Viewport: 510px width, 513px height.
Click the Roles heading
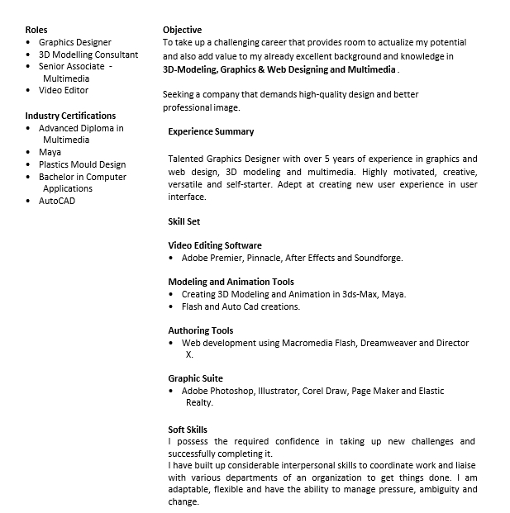pos(36,30)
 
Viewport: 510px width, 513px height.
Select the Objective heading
pos(182,30)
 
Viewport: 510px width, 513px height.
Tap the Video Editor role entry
pos(64,90)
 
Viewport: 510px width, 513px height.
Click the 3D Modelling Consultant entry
pos(88,54)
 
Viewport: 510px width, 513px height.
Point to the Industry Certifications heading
pos(70,116)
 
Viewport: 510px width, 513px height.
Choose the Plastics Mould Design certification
pos(82,164)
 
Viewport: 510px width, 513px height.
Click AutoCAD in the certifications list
pos(57,201)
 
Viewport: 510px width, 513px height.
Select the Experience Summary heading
pos(211,131)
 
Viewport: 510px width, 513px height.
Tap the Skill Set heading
pos(184,221)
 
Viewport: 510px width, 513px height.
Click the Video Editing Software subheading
pos(215,245)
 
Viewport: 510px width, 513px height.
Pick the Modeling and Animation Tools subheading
pos(231,282)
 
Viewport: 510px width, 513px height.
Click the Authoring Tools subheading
pos(201,330)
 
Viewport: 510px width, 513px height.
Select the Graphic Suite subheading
pos(195,378)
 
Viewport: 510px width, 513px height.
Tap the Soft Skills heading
pos(188,430)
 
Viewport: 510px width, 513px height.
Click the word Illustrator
pos(277,391)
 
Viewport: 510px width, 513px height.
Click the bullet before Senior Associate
pos(29,66)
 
